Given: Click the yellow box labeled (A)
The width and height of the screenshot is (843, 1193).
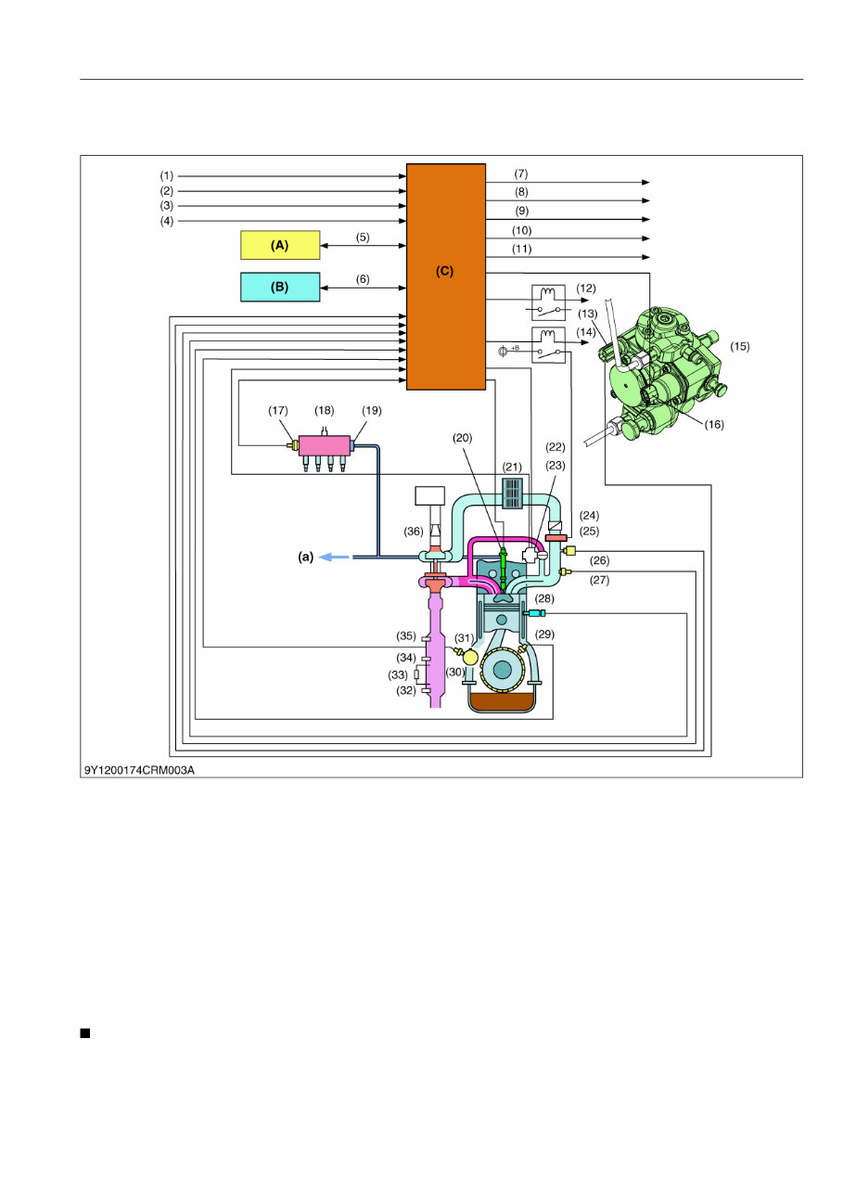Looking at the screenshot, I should (x=280, y=245).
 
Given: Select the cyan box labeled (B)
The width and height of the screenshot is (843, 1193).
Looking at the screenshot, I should (x=280, y=288).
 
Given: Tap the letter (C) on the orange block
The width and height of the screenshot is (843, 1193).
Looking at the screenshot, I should (x=446, y=272).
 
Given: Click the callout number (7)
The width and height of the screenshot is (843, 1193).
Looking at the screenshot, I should (x=521, y=174).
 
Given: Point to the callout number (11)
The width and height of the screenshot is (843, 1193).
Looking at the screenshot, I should (x=521, y=250).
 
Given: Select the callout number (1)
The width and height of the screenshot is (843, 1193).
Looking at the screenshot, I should (x=166, y=175).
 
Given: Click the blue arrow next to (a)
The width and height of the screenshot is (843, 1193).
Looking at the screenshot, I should (x=335, y=557).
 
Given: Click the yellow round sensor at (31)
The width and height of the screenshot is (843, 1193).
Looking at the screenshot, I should (x=470, y=656).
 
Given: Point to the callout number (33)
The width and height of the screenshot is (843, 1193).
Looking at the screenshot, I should (x=398, y=674).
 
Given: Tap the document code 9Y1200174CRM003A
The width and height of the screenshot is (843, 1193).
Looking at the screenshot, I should (x=138, y=769).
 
